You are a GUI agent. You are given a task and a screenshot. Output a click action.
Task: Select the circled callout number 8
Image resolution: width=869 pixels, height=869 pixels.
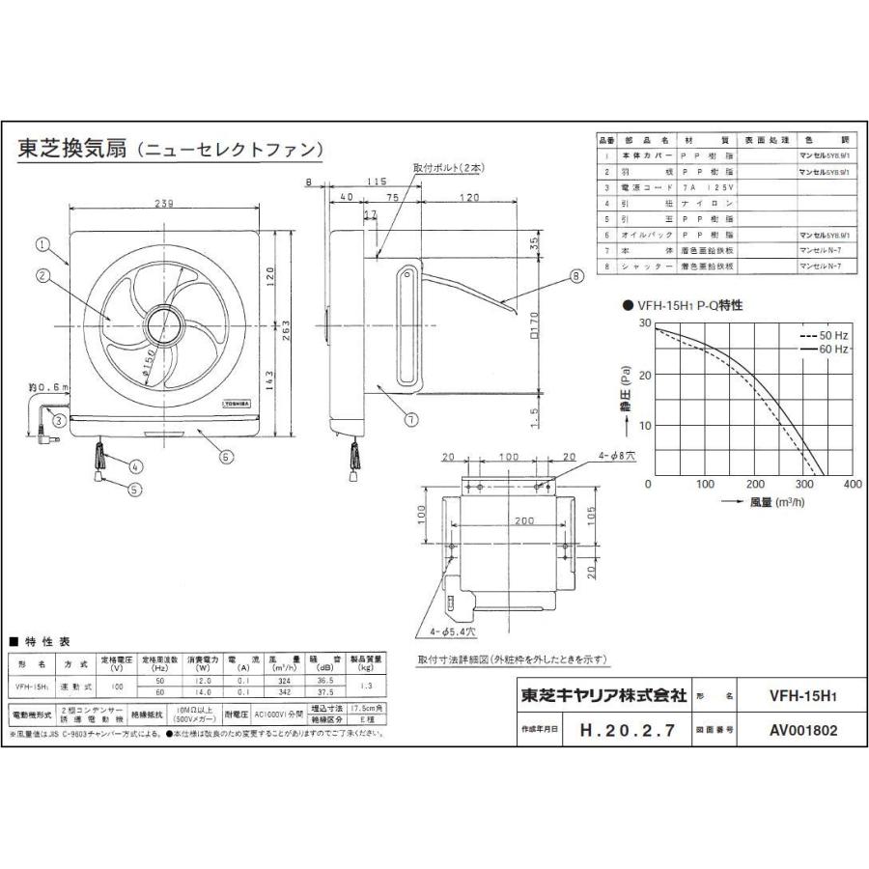pyautogui.click(x=577, y=275)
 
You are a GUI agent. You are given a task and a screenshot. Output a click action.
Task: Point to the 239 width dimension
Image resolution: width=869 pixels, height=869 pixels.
pyautogui.click(x=165, y=204)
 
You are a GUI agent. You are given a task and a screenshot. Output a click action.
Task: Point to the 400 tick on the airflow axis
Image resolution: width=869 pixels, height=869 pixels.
pyautogui.click(x=852, y=485)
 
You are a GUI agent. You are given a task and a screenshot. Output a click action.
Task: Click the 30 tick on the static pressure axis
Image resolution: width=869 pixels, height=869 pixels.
pyautogui.click(x=644, y=322)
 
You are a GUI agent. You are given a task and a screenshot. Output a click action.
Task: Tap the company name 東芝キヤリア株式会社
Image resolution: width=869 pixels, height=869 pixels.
pyautogui.click(x=603, y=694)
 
